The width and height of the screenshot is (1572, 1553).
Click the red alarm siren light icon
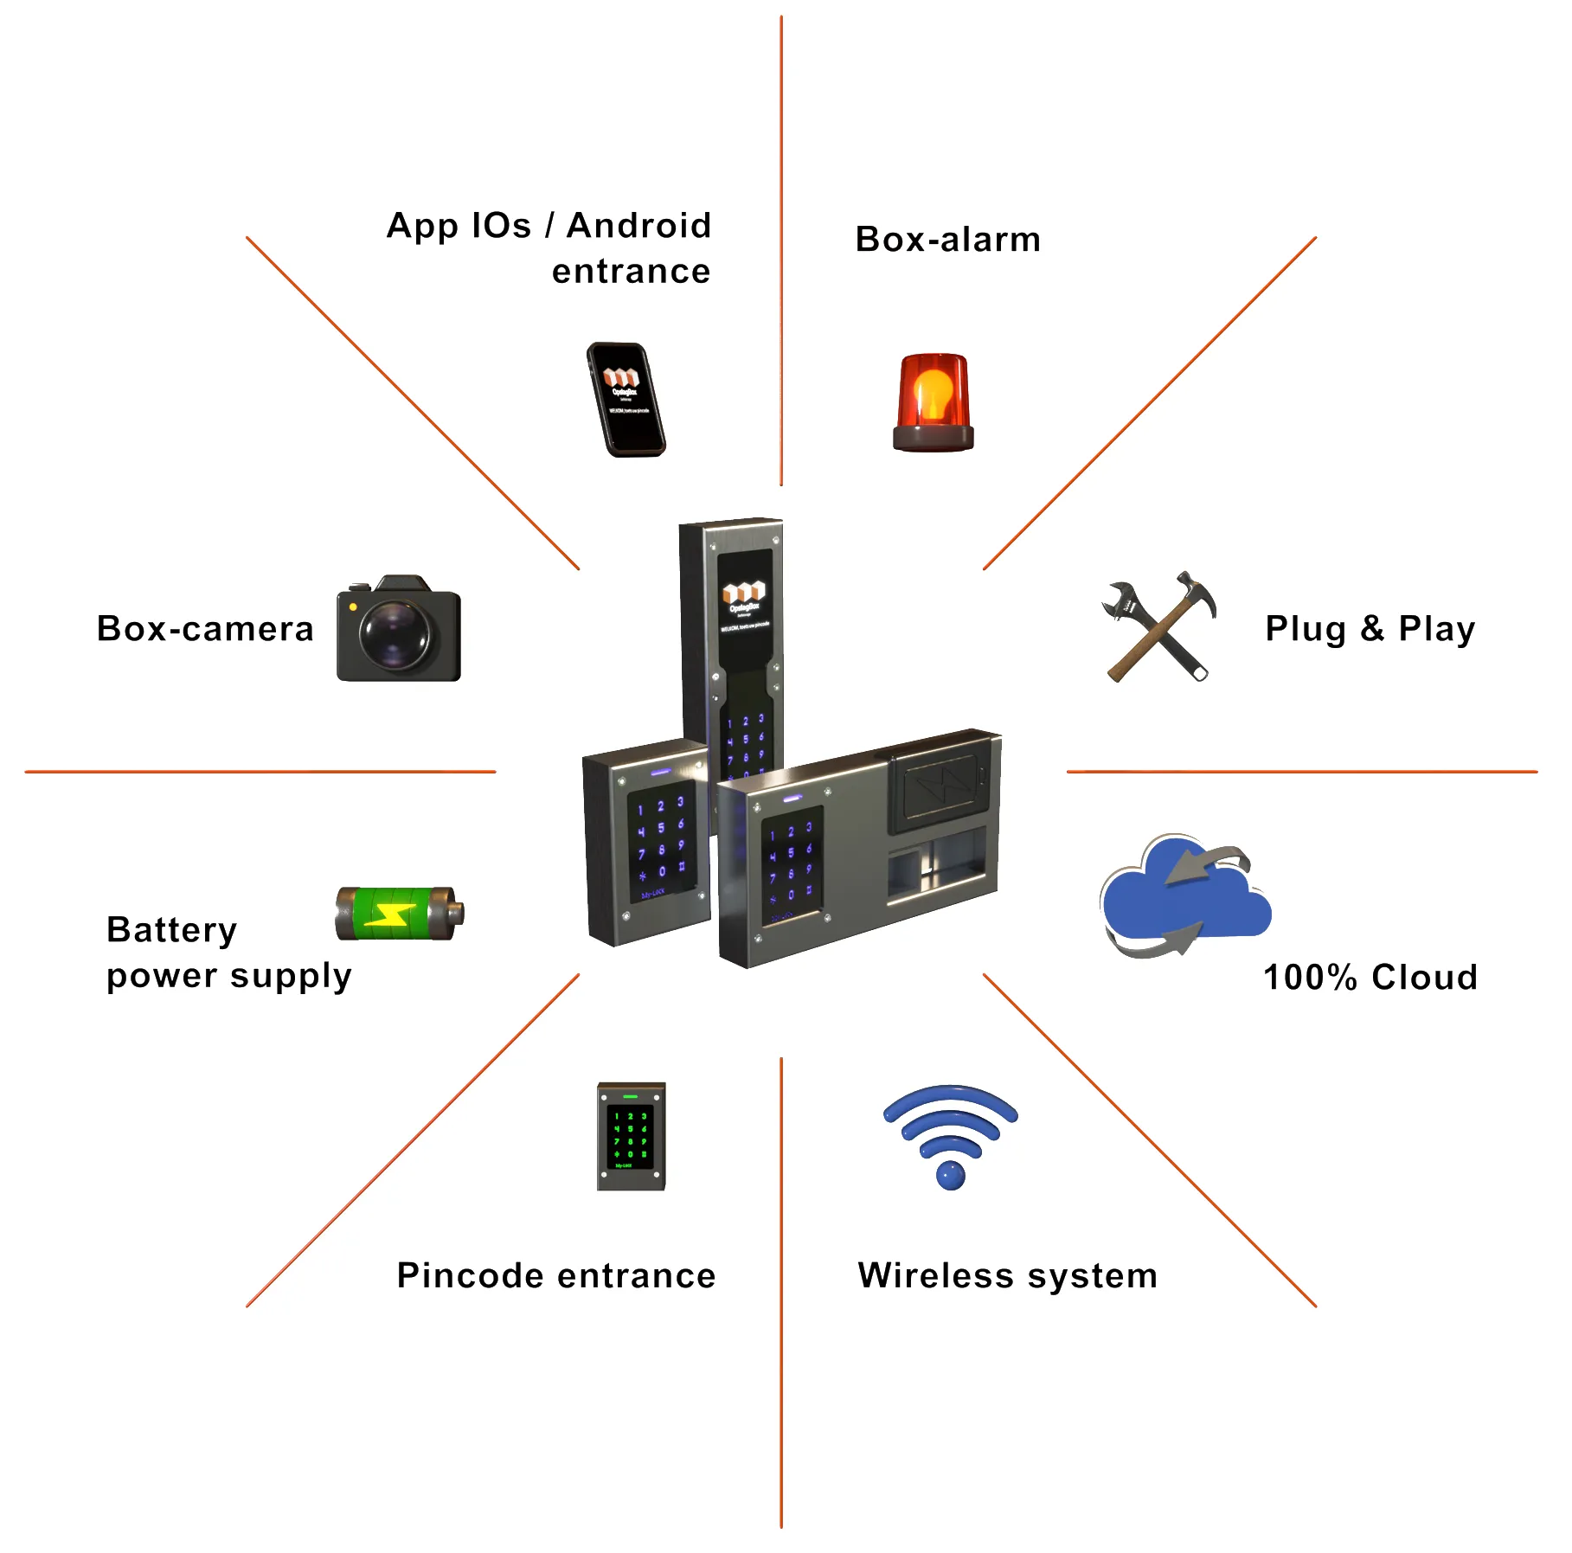click(x=933, y=402)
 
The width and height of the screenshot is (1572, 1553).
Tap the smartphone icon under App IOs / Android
click(x=626, y=400)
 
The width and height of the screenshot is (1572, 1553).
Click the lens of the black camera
click(x=395, y=634)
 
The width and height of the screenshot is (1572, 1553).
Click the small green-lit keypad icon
click(x=631, y=1137)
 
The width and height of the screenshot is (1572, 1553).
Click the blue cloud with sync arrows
click(x=1184, y=895)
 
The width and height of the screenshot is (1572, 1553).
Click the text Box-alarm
click(x=947, y=240)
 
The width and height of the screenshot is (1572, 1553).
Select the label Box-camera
click(x=205, y=629)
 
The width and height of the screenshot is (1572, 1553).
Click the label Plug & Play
click(x=1370, y=629)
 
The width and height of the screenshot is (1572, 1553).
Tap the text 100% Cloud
click(x=1370, y=978)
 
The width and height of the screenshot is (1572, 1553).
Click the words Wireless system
click(x=1007, y=1276)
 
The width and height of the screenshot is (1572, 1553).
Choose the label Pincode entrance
click(x=556, y=1276)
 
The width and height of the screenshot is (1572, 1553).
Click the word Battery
click(x=171, y=930)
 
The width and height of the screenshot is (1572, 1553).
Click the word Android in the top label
click(x=638, y=226)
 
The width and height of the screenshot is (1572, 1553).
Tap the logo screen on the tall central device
click(x=744, y=606)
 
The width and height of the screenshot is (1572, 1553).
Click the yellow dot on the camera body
click(x=353, y=607)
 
